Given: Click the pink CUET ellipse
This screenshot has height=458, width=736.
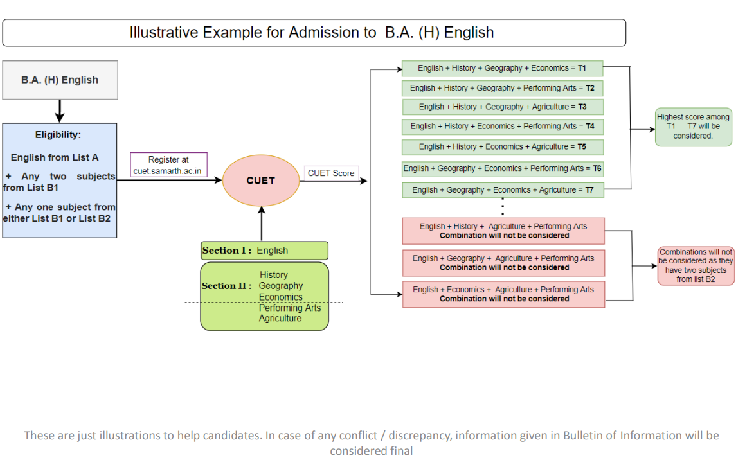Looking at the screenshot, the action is tap(261, 181).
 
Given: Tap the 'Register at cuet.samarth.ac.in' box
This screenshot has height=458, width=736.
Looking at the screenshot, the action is tap(168, 164).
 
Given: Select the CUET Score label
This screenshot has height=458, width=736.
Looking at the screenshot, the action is tap(331, 173).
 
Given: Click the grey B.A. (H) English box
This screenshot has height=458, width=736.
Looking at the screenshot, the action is tap(60, 80).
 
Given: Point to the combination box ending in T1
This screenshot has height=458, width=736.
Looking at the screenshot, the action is tap(502, 68).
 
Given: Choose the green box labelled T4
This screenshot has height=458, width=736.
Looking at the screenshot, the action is tap(502, 127).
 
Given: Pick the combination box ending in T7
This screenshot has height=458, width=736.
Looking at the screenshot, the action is tap(503, 190).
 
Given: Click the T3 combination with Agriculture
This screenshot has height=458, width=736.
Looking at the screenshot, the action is tap(502, 107).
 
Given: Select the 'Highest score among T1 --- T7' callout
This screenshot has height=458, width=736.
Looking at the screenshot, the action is tap(694, 127).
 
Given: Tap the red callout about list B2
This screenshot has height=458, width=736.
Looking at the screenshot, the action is tap(696, 265).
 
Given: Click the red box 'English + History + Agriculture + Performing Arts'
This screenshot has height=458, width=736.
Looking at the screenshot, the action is tap(503, 231).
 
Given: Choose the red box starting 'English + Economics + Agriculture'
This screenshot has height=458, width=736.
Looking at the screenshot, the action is tap(503, 294).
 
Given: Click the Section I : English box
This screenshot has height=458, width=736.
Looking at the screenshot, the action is tap(264, 251).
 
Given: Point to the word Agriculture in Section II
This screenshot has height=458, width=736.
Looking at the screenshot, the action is tap(280, 318).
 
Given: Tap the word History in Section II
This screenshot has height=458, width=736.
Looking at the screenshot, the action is tap(274, 275).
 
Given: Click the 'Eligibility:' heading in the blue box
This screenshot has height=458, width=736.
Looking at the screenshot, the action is tap(58, 135).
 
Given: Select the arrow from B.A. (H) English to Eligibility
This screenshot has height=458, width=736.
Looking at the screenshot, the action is tap(60, 111).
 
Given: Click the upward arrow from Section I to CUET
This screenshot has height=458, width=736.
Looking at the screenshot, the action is tap(262, 224).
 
